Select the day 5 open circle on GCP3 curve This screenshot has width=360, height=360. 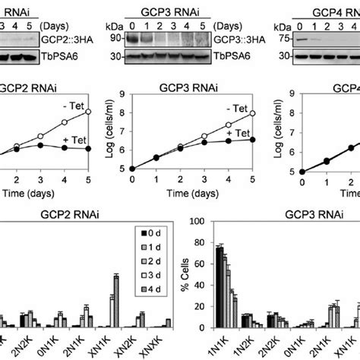pyautogui.click(x=251, y=113)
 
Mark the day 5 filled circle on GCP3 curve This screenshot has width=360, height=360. pyautogui.click(x=251, y=139)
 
